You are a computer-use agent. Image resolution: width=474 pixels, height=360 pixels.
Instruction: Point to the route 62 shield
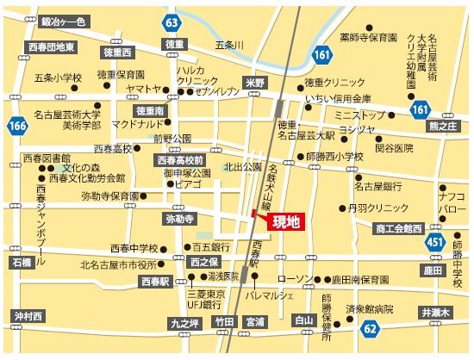coord(370,328)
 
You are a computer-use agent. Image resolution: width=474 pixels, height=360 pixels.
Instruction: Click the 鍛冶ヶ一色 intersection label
coord(58,20)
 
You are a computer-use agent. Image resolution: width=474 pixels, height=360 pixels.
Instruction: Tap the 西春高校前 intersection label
coord(178,160)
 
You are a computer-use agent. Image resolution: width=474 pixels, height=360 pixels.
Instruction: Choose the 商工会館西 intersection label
coord(398,228)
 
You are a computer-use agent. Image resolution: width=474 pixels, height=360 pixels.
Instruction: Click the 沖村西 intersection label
coord(28,316)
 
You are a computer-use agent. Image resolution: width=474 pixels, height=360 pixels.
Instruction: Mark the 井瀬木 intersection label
coord(434,312)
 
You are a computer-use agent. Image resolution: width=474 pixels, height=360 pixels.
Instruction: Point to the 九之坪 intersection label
coord(184,322)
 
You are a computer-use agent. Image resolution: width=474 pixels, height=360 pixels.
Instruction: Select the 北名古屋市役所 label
coord(123,264)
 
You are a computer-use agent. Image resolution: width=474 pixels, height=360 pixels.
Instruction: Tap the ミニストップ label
coord(360,115)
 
